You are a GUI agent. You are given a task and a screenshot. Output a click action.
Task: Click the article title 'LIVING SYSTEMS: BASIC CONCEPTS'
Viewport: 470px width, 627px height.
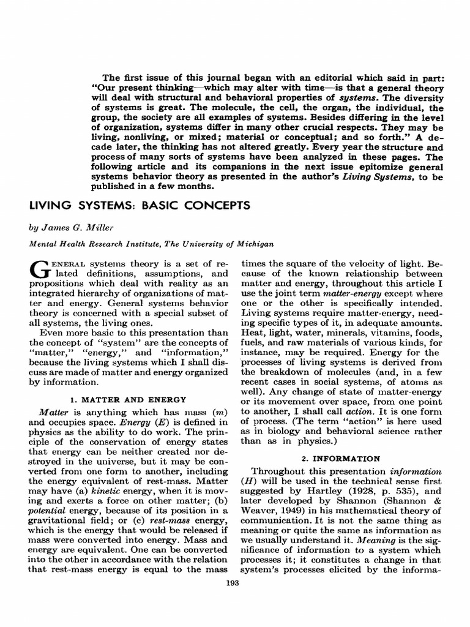pyautogui.click(x=140, y=206)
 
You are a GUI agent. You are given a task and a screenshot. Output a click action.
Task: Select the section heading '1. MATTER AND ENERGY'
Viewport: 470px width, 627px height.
pyautogui.click(x=125, y=399)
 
